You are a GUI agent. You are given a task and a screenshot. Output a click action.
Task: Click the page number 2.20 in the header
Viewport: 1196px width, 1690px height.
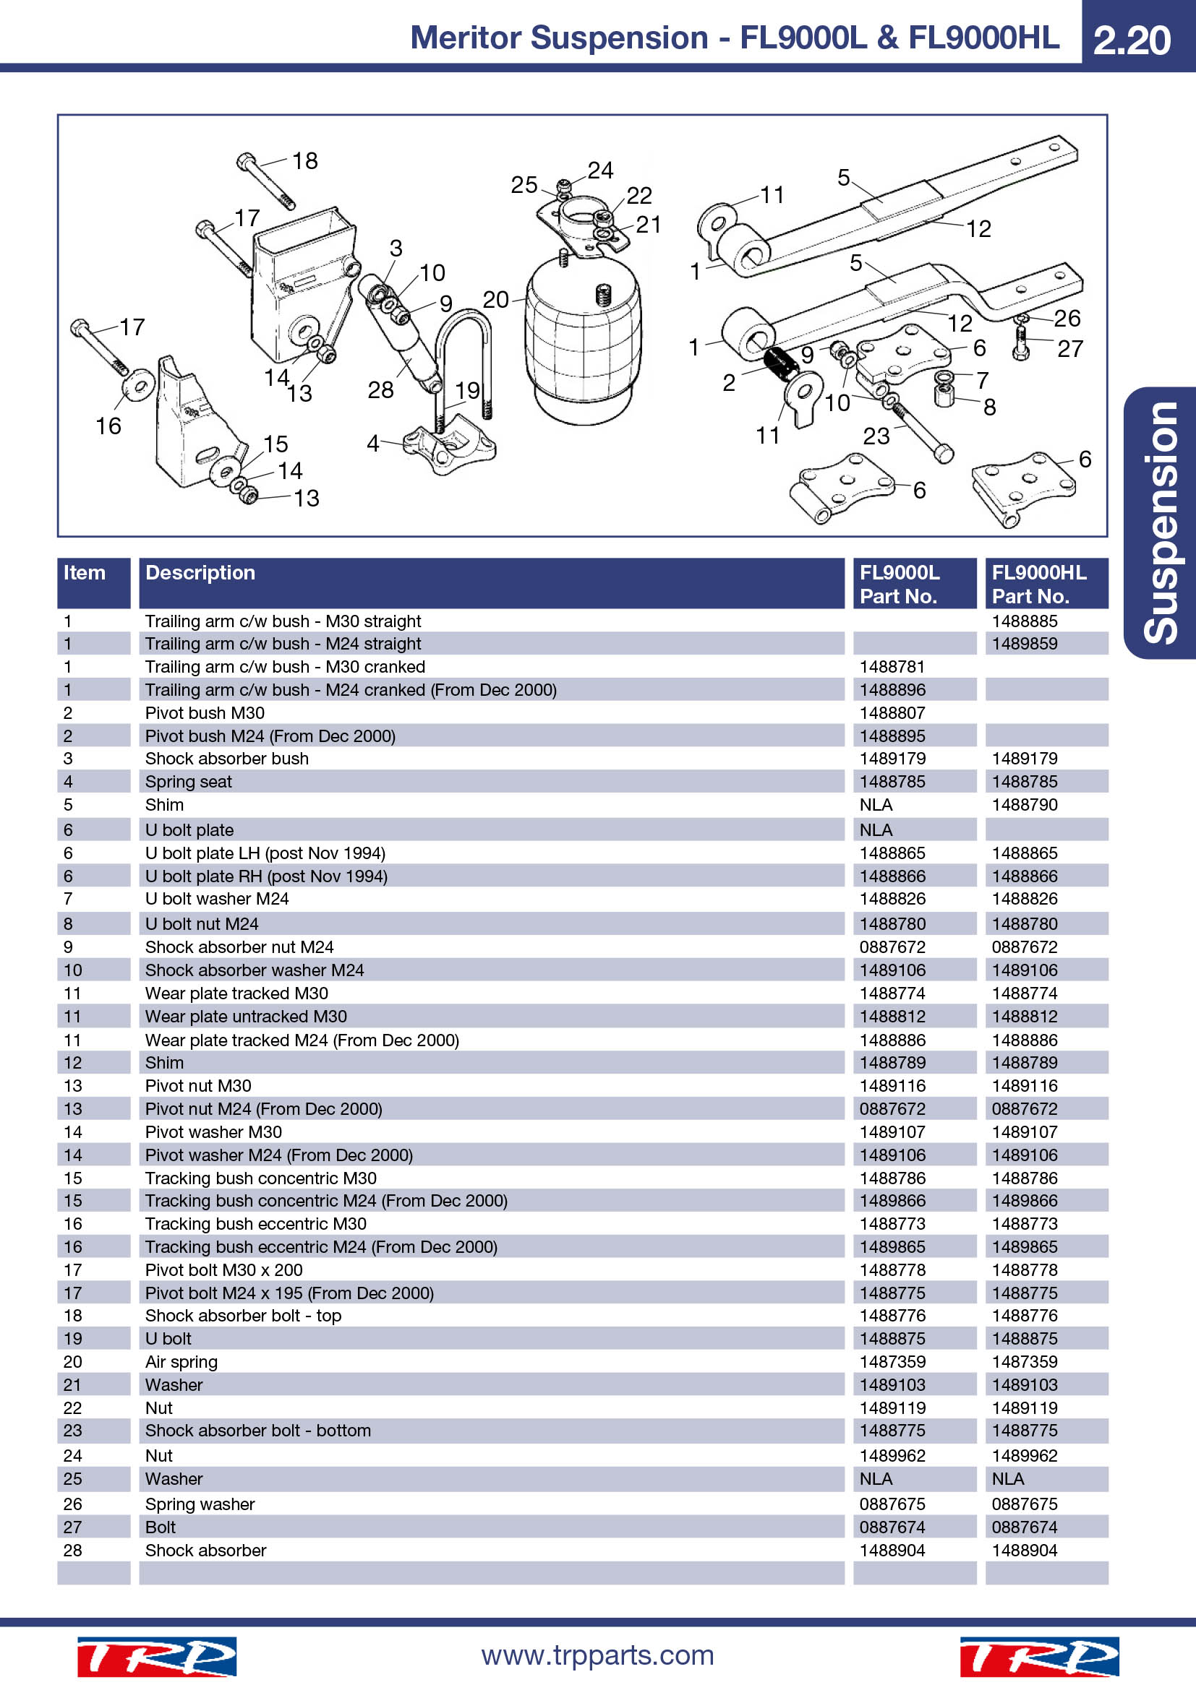point(1131,40)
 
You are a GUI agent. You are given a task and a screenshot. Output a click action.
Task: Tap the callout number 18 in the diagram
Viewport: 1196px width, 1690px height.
point(305,160)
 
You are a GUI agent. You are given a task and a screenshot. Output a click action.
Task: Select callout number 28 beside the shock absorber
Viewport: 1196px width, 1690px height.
point(381,389)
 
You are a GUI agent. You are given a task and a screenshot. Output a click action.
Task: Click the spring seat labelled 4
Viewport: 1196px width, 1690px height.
point(450,445)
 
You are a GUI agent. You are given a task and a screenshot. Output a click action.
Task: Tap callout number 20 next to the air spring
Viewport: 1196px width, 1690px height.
point(495,299)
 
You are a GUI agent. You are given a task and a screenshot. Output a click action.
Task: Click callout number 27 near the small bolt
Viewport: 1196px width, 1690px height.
point(1070,348)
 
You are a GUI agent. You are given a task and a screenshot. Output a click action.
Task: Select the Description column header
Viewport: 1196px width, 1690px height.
point(200,573)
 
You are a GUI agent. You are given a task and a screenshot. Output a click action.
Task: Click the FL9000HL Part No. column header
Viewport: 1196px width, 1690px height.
point(1038,584)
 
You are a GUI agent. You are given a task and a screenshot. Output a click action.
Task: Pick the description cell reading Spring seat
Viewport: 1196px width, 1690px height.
point(188,782)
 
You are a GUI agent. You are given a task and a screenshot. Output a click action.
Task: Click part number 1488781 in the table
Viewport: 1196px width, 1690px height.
point(892,667)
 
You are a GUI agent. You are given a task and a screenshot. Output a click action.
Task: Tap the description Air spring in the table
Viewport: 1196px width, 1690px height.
point(181,1362)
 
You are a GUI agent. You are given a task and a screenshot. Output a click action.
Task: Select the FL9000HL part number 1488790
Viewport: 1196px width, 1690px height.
point(1025,804)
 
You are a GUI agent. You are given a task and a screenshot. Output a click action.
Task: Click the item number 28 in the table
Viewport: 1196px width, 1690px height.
point(72,1550)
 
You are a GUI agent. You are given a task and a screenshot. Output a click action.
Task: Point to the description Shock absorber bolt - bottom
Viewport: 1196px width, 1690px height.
point(257,1430)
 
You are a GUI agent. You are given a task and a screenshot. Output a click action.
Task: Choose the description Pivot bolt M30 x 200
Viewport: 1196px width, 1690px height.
point(224,1269)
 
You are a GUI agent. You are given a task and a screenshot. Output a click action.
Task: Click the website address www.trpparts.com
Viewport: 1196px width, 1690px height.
point(597,1655)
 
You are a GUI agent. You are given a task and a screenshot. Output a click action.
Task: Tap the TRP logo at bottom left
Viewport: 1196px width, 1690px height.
point(157,1657)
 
